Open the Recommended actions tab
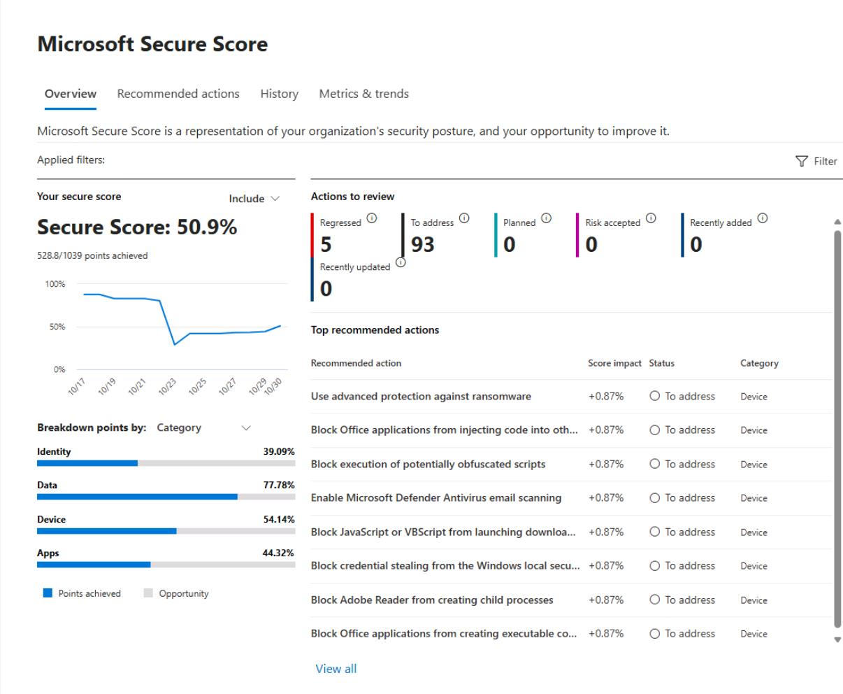tap(178, 94)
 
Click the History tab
tap(279, 94)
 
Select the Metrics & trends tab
tap(363, 94)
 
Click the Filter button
tap(816, 161)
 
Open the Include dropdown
tap(254, 199)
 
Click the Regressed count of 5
tap(326, 244)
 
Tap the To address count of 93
tap(422, 244)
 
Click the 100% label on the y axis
tap(55, 284)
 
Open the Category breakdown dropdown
tap(203, 427)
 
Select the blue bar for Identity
tap(87, 463)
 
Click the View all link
tap(336, 669)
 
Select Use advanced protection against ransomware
tap(421, 397)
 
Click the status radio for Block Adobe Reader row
tap(655, 600)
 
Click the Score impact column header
tap(614, 363)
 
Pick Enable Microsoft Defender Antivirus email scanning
tap(435, 498)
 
